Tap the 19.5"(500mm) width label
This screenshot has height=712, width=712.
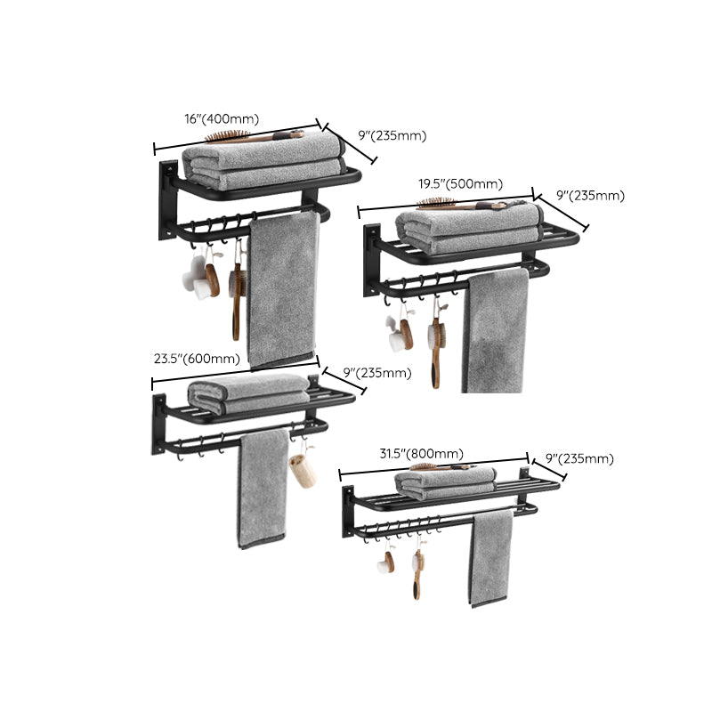(460, 184)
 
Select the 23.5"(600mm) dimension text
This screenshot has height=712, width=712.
(196, 360)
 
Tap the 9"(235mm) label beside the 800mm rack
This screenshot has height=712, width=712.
(578, 459)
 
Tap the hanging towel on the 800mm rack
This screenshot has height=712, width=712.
(492, 556)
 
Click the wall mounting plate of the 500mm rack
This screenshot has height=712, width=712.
(370, 261)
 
